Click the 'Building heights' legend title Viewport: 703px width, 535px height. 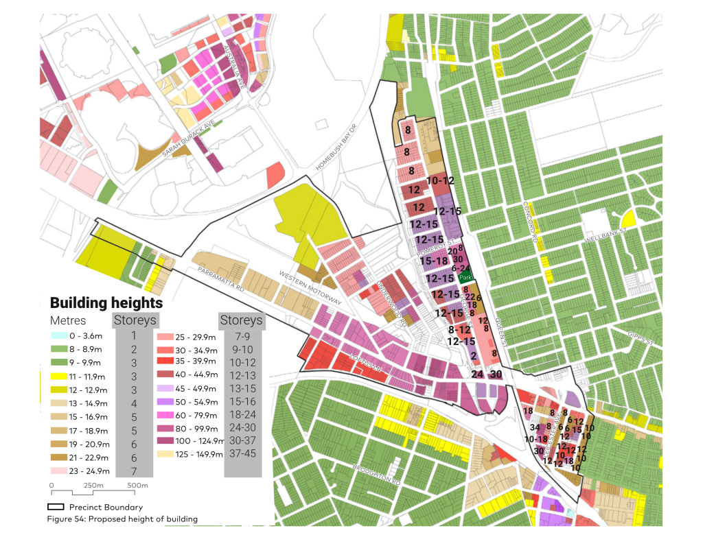[106, 302]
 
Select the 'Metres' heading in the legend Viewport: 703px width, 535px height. [68, 321]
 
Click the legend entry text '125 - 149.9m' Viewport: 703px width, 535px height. [202, 454]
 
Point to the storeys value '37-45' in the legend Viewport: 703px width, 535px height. [243, 454]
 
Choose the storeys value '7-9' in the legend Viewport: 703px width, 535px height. [243, 336]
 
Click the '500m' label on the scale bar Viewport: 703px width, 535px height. [137, 486]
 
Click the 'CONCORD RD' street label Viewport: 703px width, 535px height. [533, 222]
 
